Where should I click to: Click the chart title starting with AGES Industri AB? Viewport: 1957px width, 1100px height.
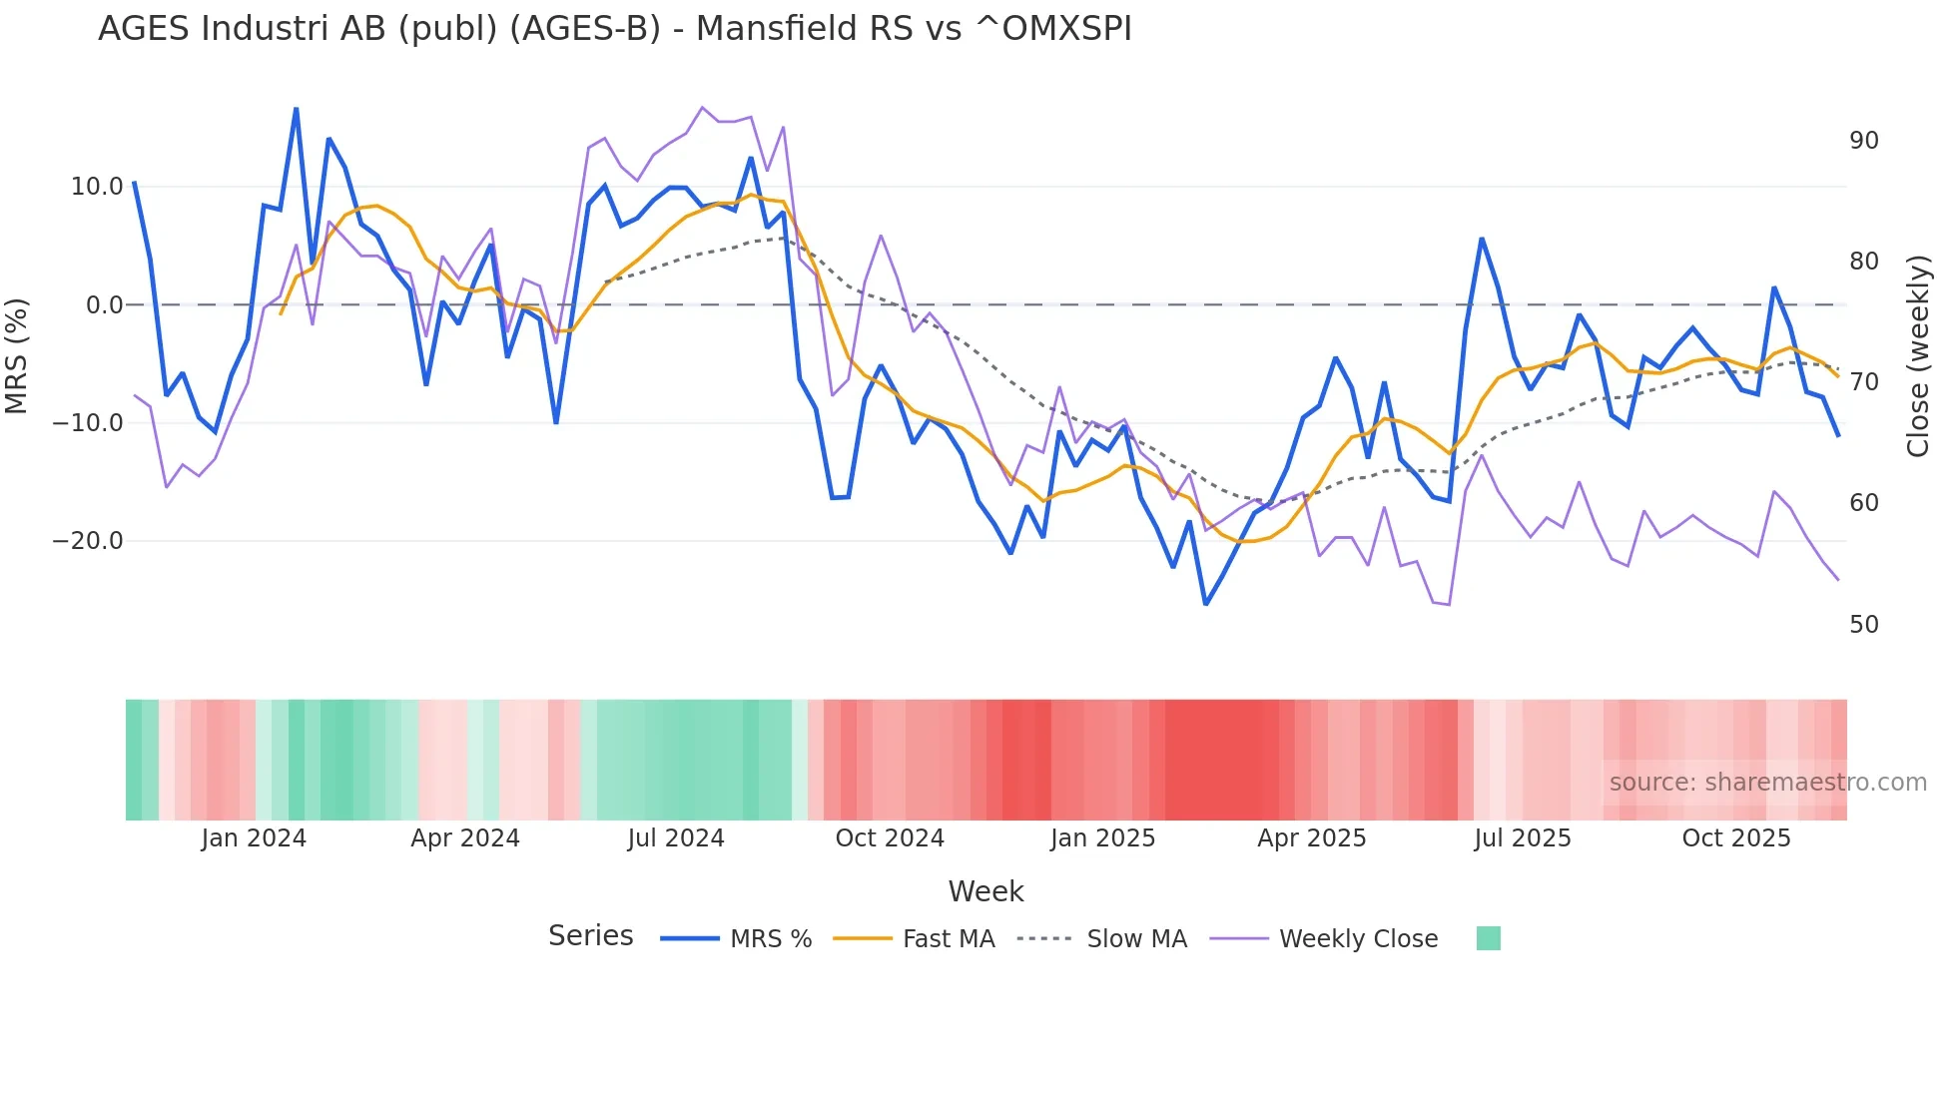click(x=615, y=29)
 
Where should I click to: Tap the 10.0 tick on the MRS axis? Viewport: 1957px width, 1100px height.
click(x=97, y=187)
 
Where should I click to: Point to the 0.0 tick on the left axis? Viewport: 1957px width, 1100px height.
click(x=105, y=305)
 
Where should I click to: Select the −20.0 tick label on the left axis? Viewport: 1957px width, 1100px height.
click(x=88, y=541)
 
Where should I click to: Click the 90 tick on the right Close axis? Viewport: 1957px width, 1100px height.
click(x=1863, y=141)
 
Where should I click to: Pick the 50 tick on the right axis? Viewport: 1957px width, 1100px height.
click(x=1863, y=625)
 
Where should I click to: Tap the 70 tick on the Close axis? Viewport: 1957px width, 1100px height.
click(x=1863, y=382)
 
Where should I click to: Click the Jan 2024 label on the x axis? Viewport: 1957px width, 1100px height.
click(x=254, y=838)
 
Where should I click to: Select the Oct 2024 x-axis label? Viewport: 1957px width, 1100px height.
click(x=890, y=838)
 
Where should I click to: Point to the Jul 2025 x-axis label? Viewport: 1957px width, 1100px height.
click(x=1523, y=838)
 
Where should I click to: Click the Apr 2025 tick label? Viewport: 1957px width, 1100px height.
click(x=1312, y=838)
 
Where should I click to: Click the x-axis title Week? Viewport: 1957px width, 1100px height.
click(x=985, y=891)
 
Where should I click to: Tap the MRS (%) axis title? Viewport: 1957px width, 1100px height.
click(x=17, y=355)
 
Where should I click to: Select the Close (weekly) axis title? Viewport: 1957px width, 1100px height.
click(x=1917, y=355)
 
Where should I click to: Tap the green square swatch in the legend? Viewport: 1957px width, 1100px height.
click(x=1488, y=938)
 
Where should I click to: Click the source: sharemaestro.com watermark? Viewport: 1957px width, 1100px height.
click(x=1767, y=783)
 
